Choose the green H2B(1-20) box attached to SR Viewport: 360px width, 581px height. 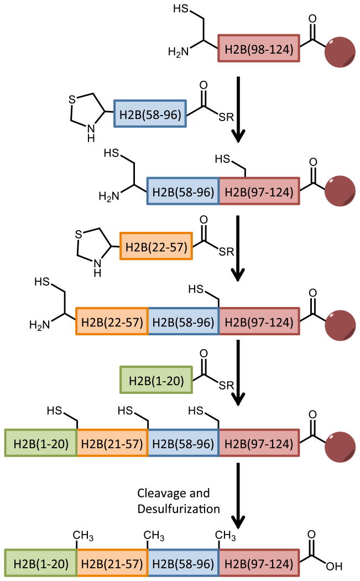pos(156,380)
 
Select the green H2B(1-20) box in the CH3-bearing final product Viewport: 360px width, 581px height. pos(41,564)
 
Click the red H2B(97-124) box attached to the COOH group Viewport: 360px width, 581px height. pos(259,564)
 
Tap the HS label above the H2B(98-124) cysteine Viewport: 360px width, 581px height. pos(181,9)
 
